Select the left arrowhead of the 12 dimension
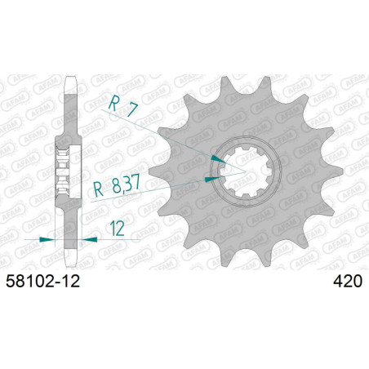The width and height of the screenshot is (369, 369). pos(48,239)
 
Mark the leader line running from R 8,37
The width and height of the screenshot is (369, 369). pos(176,181)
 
